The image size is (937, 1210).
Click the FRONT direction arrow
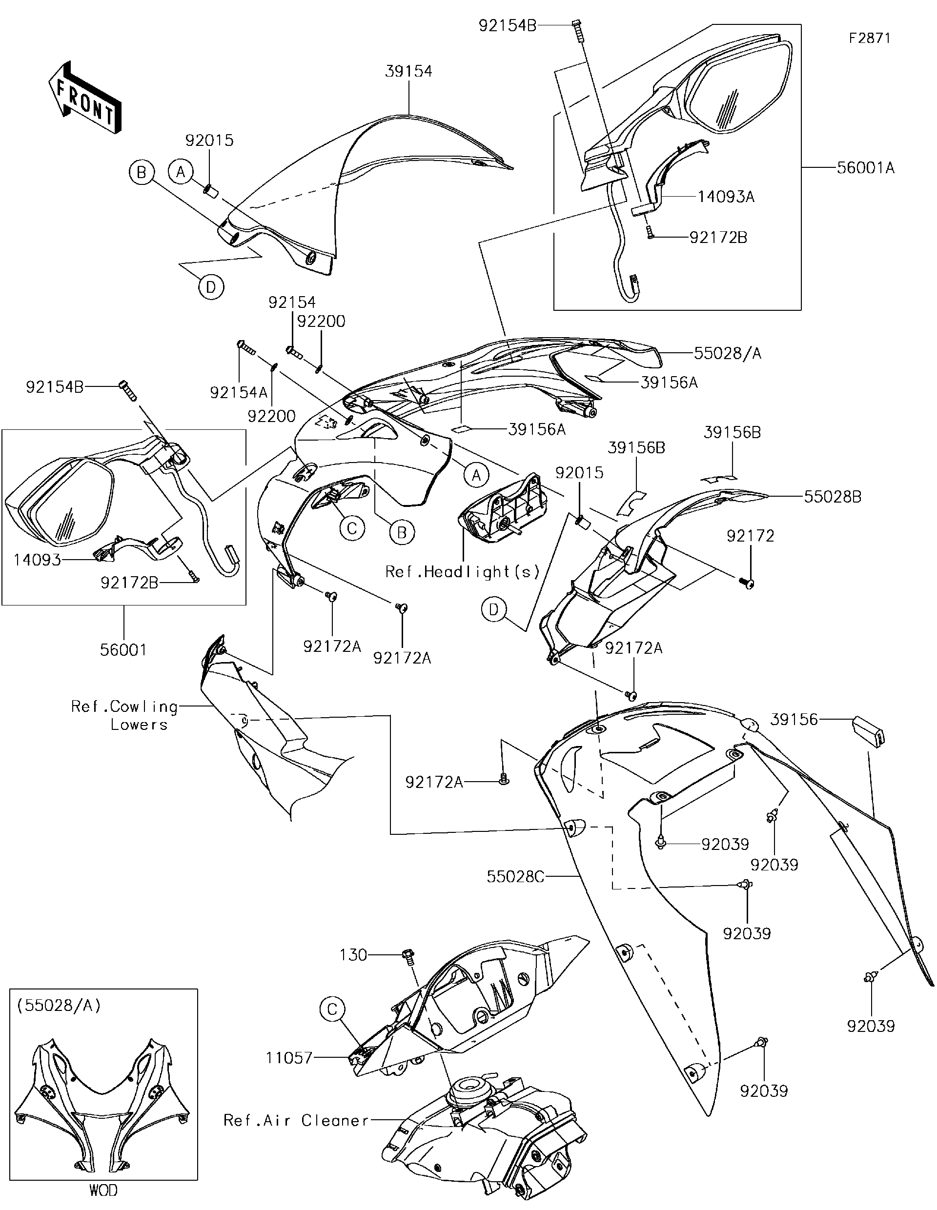(85, 98)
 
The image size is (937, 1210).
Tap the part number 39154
(409, 71)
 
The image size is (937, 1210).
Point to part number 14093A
(725, 197)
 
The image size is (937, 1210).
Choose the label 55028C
(515, 876)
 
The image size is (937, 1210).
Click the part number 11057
(289, 1058)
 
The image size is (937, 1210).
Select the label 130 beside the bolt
(353, 955)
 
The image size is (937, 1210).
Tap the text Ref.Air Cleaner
(296, 1120)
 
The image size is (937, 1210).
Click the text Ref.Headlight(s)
(463, 571)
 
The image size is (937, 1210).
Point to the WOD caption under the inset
(103, 1190)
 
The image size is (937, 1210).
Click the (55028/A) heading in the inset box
(59, 1006)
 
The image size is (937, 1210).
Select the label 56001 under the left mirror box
(123, 649)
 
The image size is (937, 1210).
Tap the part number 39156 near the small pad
(794, 719)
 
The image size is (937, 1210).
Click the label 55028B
(832, 496)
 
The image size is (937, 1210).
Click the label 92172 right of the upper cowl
(750, 535)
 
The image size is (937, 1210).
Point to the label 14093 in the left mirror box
(37, 560)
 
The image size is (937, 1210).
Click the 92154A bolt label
(238, 392)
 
